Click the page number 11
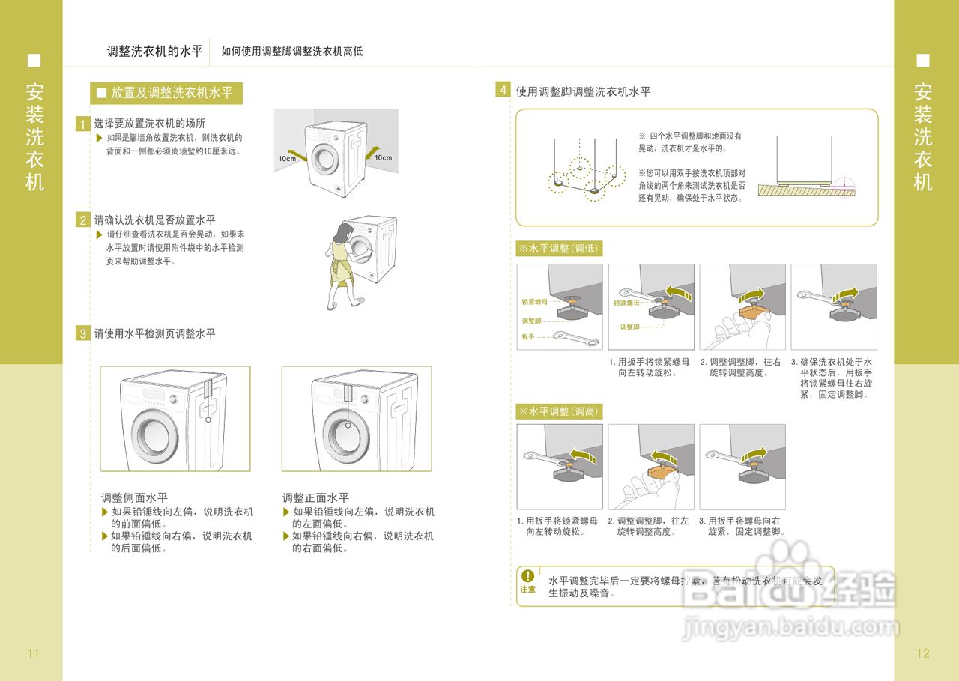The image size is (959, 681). [33, 653]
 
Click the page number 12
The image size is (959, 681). [923, 653]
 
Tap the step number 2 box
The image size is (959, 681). [83, 220]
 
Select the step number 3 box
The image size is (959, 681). [83, 334]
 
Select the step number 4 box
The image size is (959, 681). [503, 91]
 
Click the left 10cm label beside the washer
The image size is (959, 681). [287, 159]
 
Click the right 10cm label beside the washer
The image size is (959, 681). [383, 158]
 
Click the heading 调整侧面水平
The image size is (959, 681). [135, 497]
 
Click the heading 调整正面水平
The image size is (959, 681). [315, 497]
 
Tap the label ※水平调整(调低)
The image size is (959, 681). [560, 249]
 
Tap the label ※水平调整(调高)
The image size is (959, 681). [560, 411]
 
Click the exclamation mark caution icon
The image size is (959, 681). [528, 576]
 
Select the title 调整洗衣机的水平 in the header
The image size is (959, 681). [154, 52]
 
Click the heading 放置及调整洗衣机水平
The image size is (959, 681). [166, 94]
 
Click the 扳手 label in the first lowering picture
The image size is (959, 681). [528, 337]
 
